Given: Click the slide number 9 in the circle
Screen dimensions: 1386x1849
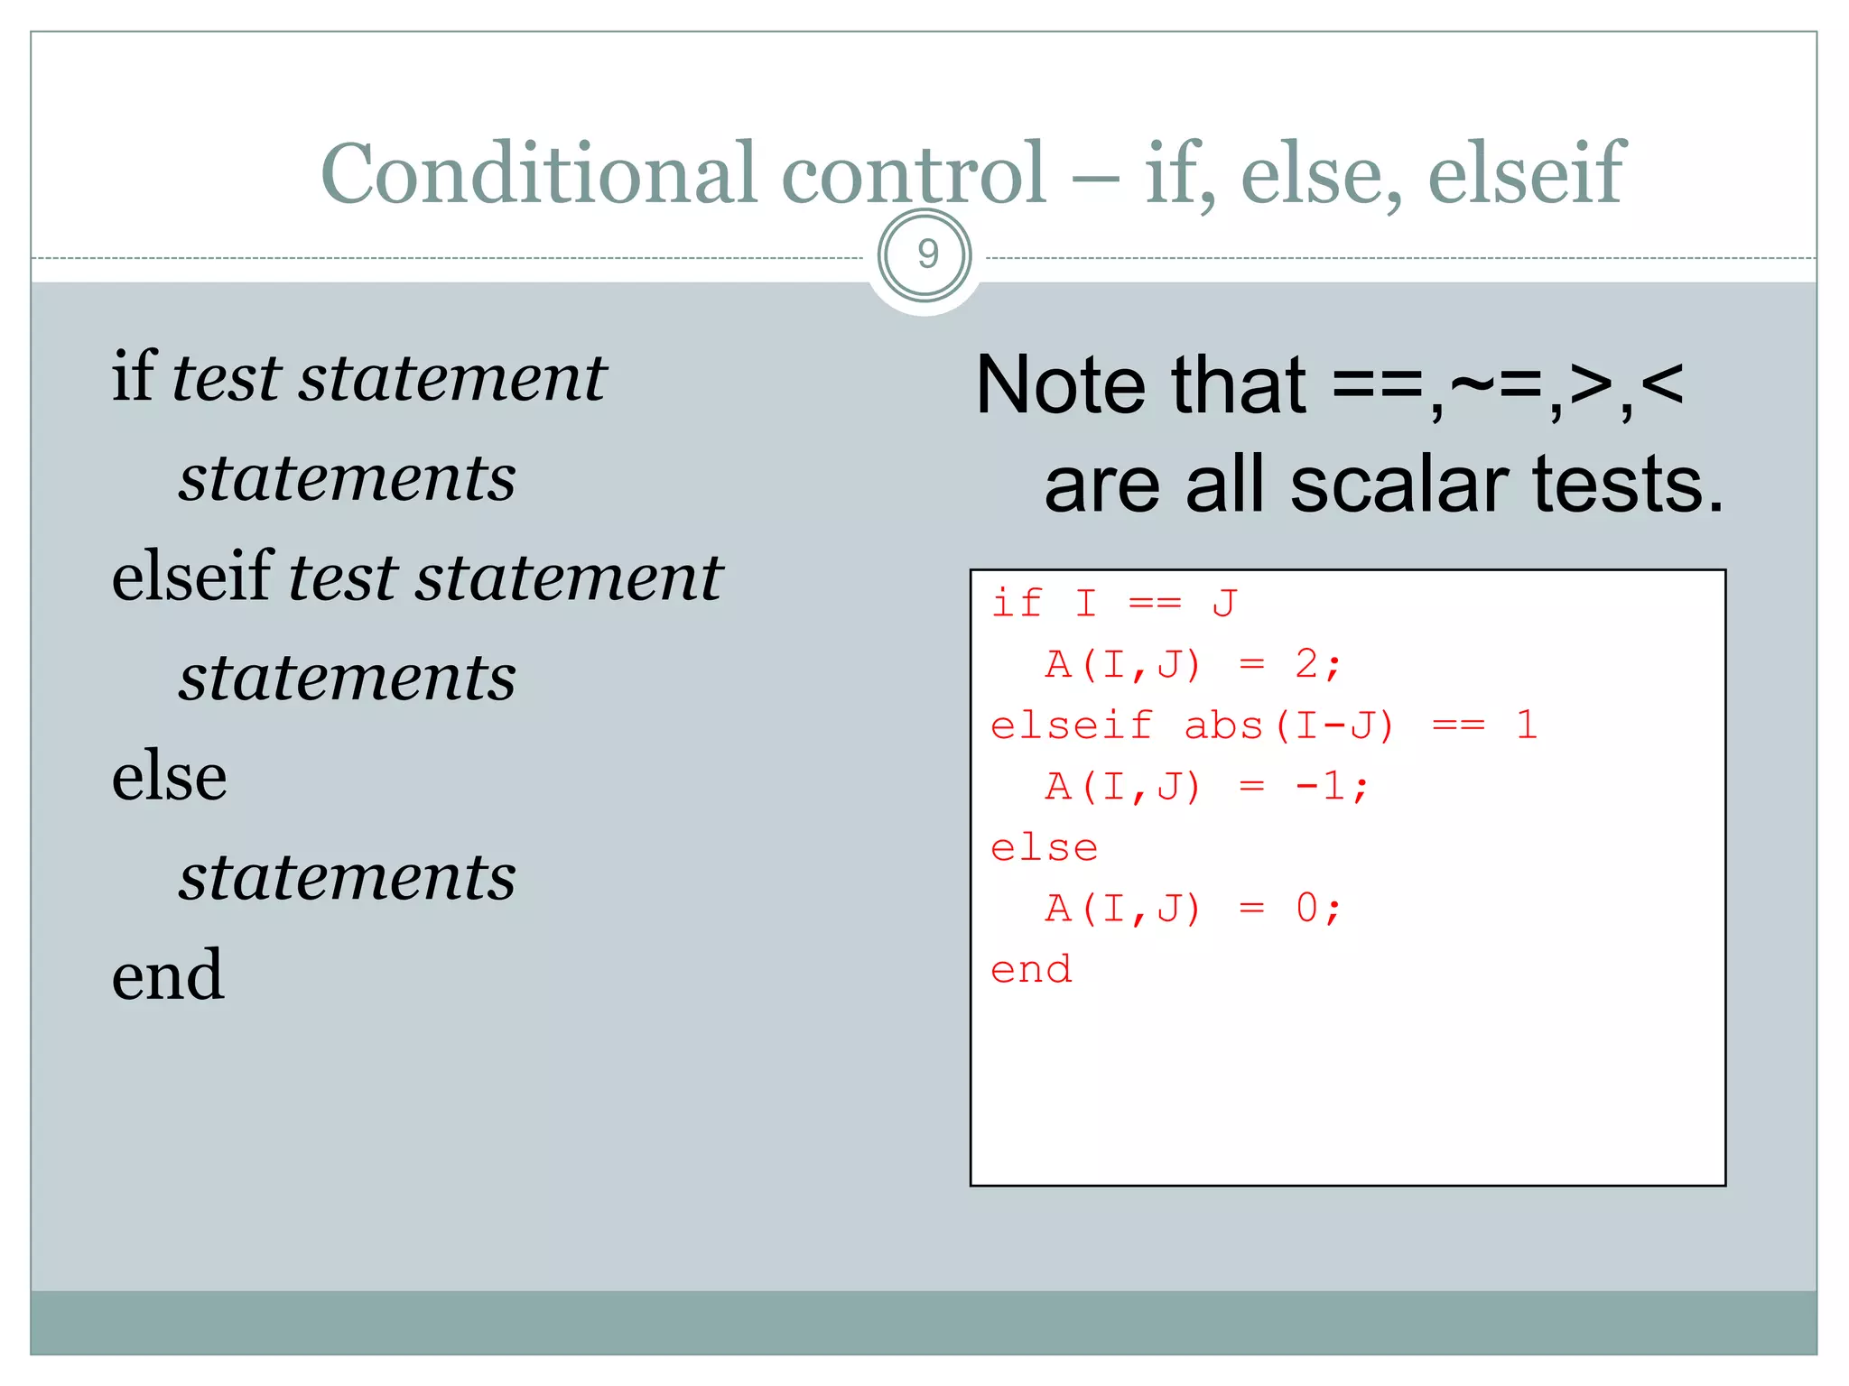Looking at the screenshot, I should coord(925,255).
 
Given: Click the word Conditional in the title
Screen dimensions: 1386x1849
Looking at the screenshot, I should coord(538,173).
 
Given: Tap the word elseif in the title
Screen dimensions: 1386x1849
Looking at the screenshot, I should coord(1526,173).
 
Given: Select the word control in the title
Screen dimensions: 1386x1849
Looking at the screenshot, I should coord(913,173).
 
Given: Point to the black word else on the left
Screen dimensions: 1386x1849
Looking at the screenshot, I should coord(169,776).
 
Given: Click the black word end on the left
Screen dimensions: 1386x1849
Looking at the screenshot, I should coord(168,975).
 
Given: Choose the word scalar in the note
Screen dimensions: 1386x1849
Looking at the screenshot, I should coord(1399,485).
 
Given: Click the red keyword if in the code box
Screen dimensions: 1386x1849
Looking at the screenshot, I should coord(1017,603).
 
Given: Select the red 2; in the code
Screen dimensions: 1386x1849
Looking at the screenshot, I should coord(1318,665).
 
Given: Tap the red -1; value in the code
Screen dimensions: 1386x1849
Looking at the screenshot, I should coord(1332,787).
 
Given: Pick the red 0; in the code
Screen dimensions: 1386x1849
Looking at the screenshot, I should coord(1318,909).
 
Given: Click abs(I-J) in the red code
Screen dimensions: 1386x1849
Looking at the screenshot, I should coord(1289,725).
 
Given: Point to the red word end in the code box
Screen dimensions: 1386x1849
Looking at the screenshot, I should coord(1031,970).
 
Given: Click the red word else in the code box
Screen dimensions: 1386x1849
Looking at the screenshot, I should coord(1045,848).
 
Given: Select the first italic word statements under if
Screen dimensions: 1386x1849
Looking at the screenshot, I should coord(348,478).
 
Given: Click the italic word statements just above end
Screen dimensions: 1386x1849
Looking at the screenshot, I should coord(348,877).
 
